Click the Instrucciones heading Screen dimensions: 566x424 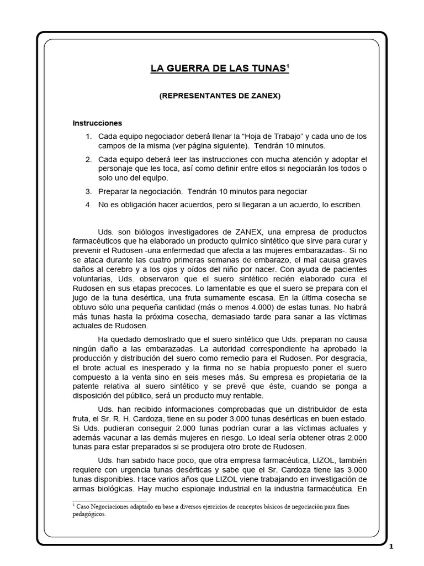pyautogui.click(x=97, y=123)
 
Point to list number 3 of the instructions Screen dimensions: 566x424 pyautogui.click(x=88, y=191)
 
